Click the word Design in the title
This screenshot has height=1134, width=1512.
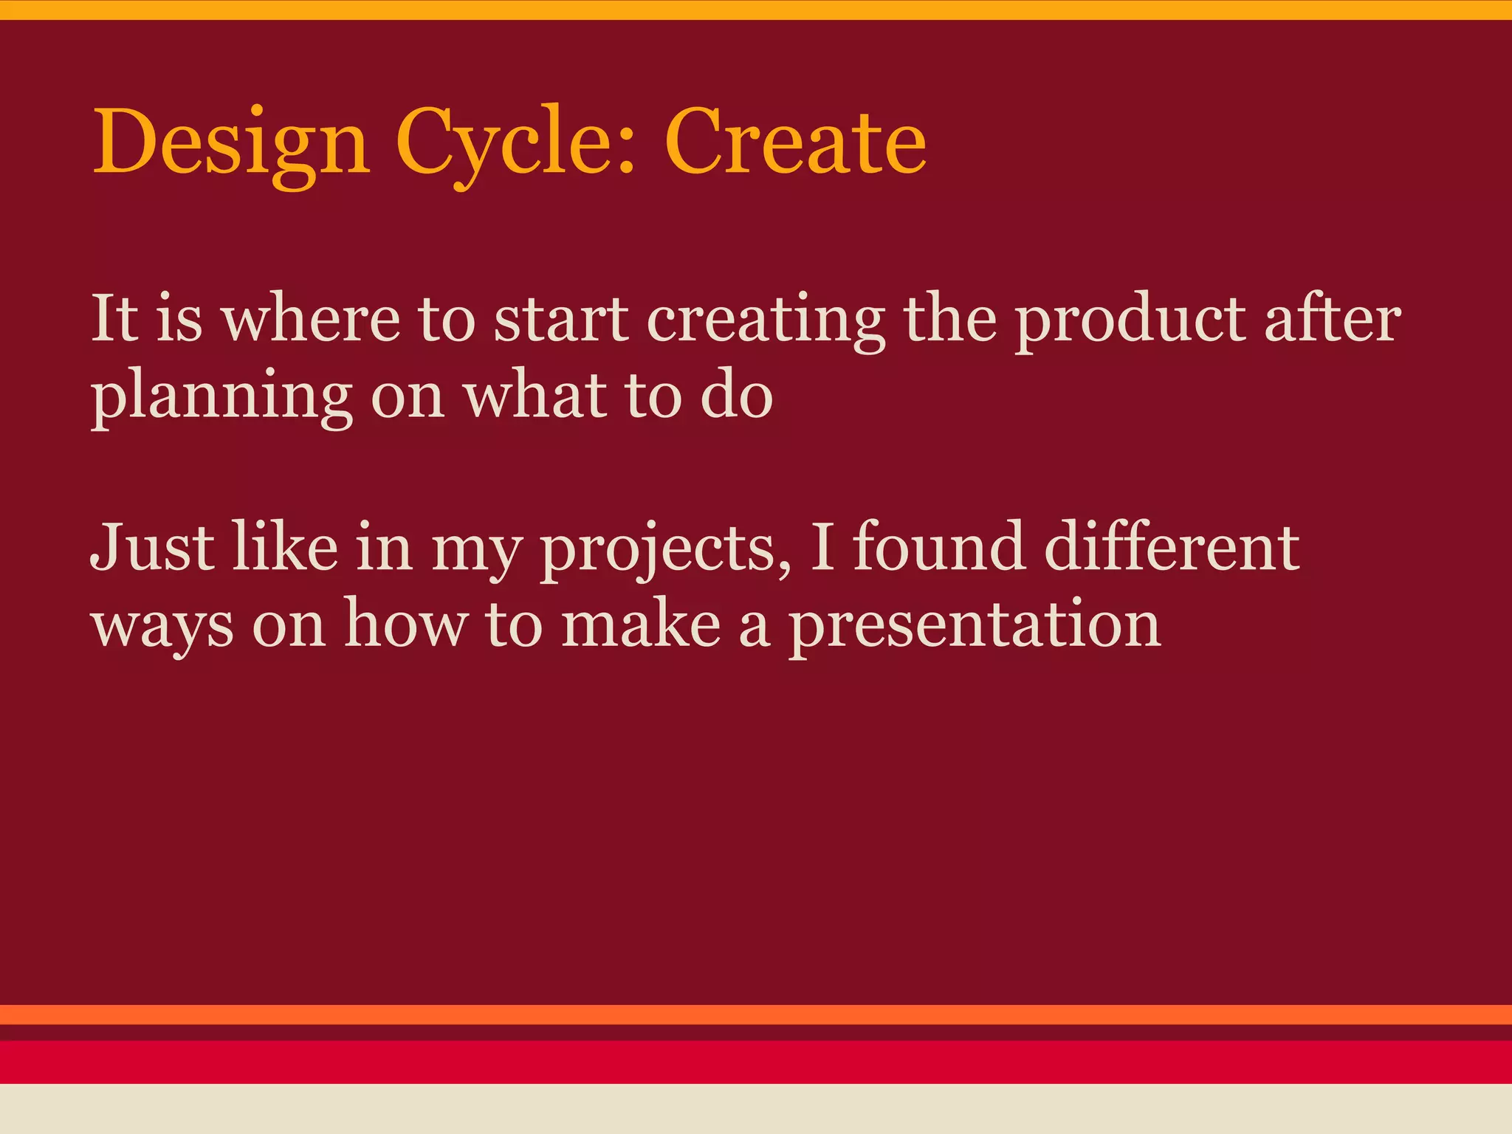[230, 142]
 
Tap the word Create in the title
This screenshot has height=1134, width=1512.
[794, 142]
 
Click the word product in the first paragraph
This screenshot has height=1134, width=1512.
[1130, 322]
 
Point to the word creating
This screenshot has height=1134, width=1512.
[766, 322]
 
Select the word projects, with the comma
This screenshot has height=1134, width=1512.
[665, 551]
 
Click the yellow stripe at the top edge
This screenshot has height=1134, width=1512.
[756, 9]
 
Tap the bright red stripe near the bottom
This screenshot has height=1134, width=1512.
[756, 1062]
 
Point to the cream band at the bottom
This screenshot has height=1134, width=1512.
[756, 1109]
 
